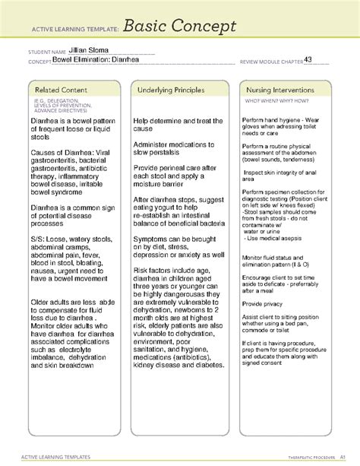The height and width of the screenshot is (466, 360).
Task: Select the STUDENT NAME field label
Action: (x=46, y=52)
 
